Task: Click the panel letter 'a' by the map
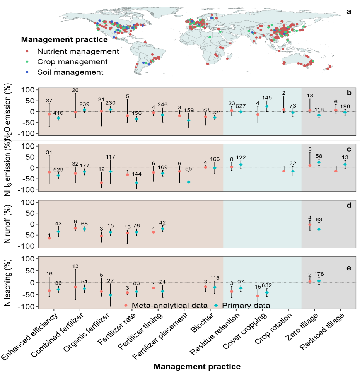tap(349, 11)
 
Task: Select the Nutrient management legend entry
tap(78, 51)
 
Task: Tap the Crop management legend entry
tap(72, 61)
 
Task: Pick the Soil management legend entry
tap(70, 72)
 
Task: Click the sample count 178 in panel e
tap(319, 275)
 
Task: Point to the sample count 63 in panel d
tap(319, 220)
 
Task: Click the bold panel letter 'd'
tap(349, 205)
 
